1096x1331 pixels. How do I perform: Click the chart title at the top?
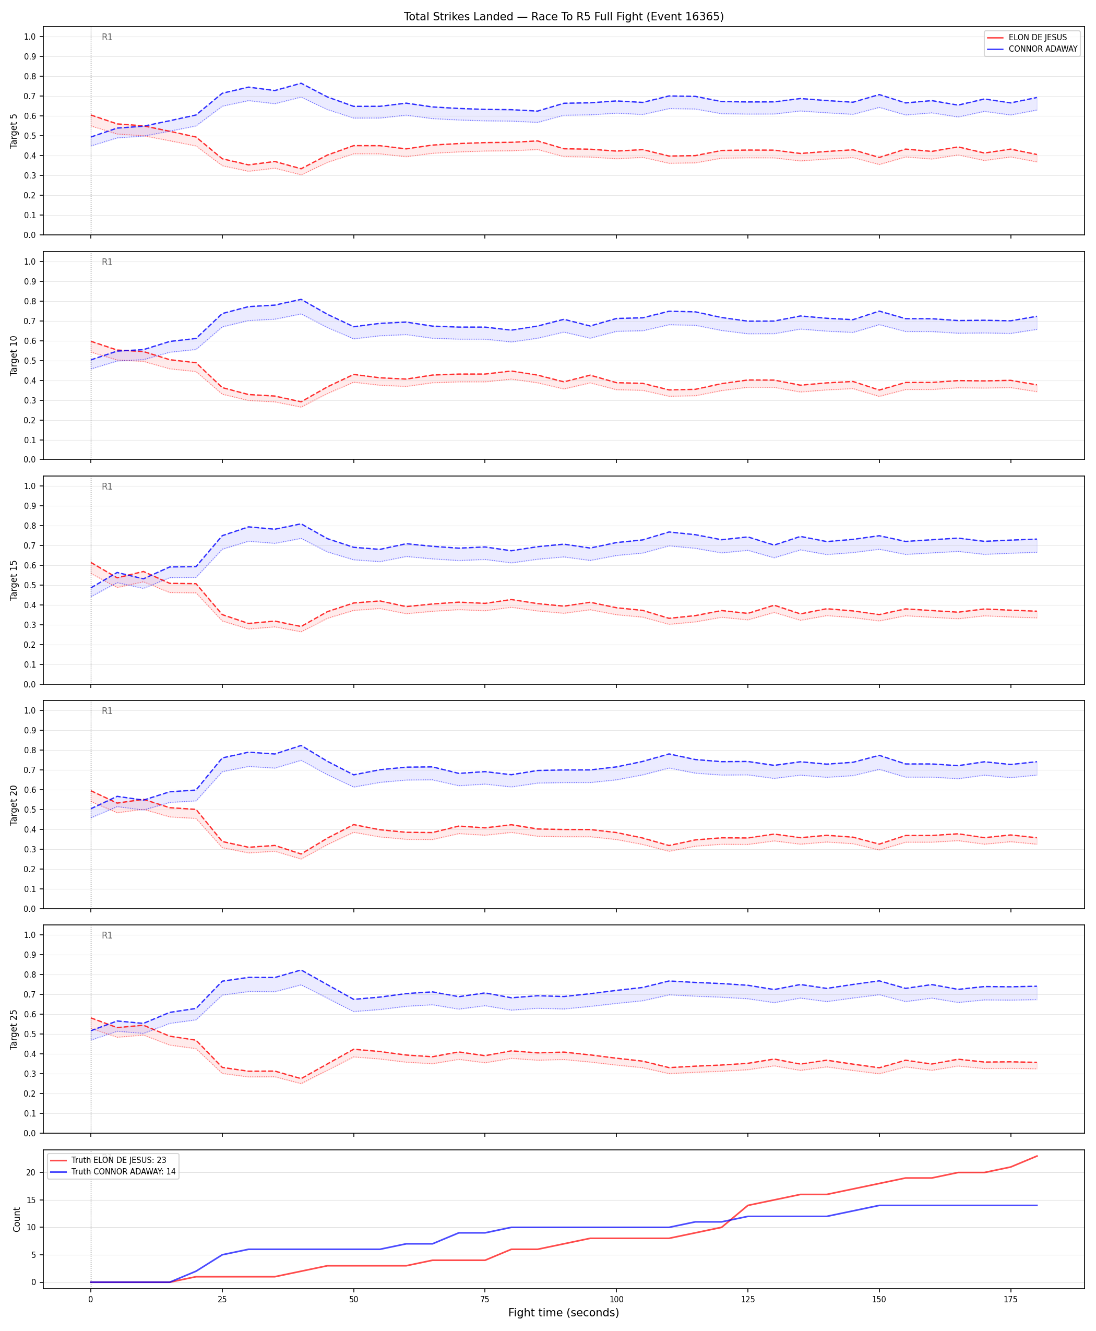tap(564, 16)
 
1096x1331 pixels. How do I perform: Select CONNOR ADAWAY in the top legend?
tap(1043, 49)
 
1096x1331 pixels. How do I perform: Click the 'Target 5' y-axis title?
tap(14, 130)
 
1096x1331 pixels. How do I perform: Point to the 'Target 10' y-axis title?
tap(14, 355)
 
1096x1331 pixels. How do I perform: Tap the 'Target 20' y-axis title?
tap(14, 805)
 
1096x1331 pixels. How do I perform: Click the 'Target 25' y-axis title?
tap(14, 1030)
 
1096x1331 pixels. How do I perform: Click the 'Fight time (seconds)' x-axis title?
tap(564, 1313)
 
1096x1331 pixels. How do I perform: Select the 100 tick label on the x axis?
tap(616, 1300)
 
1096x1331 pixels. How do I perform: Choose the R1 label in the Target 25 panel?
tap(108, 936)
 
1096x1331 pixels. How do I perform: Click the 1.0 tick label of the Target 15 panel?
tap(30, 486)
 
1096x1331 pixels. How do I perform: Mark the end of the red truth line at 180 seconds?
tap(1037, 1156)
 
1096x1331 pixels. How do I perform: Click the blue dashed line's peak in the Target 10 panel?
tap(301, 299)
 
